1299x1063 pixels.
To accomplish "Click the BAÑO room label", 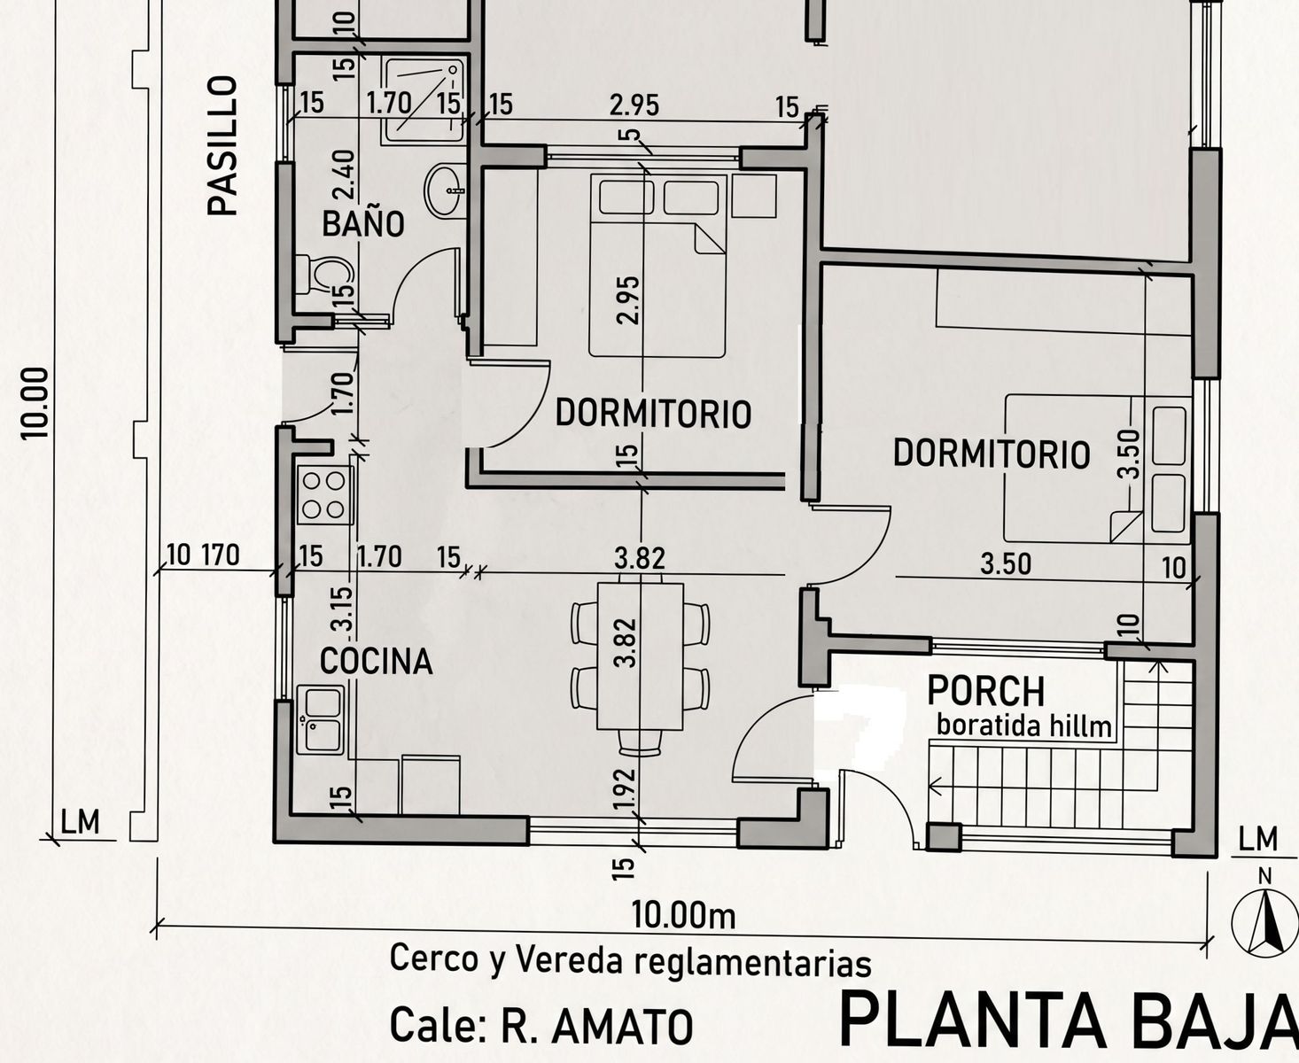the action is click(362, 223).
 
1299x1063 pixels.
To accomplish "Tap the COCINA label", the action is click(376, 662).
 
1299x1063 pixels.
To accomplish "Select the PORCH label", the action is click(986, 691).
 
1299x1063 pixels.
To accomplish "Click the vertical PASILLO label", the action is click(222, 146).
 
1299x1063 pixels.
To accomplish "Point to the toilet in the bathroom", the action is click(324, 275).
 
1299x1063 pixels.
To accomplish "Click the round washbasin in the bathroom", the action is click(445, 190).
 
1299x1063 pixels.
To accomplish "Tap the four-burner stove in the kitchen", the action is click(325, 495).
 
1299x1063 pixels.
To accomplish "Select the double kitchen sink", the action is click(320, 720).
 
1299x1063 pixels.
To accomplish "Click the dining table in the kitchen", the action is click(641, 656).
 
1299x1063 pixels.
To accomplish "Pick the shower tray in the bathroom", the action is click(424, 98).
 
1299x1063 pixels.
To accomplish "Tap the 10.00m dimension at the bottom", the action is click(684, 915).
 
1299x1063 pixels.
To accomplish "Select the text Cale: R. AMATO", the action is click(541, 1026).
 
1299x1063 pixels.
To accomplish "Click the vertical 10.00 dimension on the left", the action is click(35, 403).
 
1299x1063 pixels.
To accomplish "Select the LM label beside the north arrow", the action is click(1258, 840).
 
